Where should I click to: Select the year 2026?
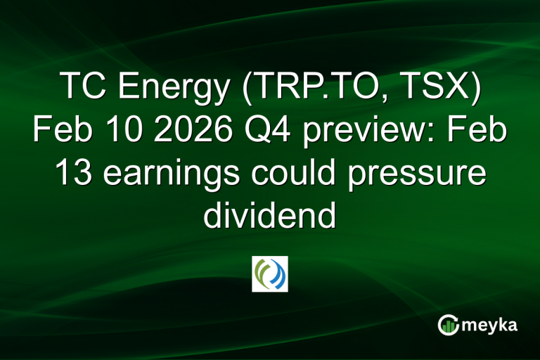pos(178,131)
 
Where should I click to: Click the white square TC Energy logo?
pos(270,274)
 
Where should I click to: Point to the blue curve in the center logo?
pos(278,274)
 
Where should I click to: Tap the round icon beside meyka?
pos(449,324)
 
